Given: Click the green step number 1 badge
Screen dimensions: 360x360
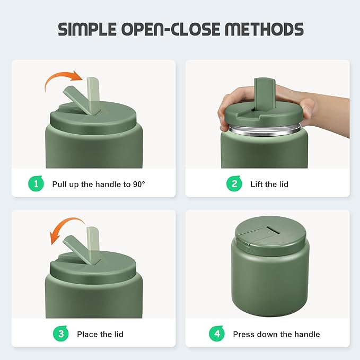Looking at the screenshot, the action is click(x=36, y=183).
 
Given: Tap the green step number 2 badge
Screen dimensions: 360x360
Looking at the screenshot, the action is click(x=234, y=183).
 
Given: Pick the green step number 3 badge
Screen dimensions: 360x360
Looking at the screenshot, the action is click(x=60, y=333).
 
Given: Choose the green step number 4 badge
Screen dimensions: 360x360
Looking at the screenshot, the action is click(x=217, y=333).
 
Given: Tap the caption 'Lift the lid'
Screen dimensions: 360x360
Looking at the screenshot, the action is click(x=269, y=184).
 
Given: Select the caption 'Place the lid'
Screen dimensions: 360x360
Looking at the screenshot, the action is click(x=100, y=334).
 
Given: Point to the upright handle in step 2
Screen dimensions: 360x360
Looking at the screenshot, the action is click(x=265, y=94).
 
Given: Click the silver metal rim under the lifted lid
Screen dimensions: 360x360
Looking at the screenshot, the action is click(x=265, y=130).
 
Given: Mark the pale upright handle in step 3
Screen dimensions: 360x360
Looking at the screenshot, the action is click(x=93, y=244).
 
